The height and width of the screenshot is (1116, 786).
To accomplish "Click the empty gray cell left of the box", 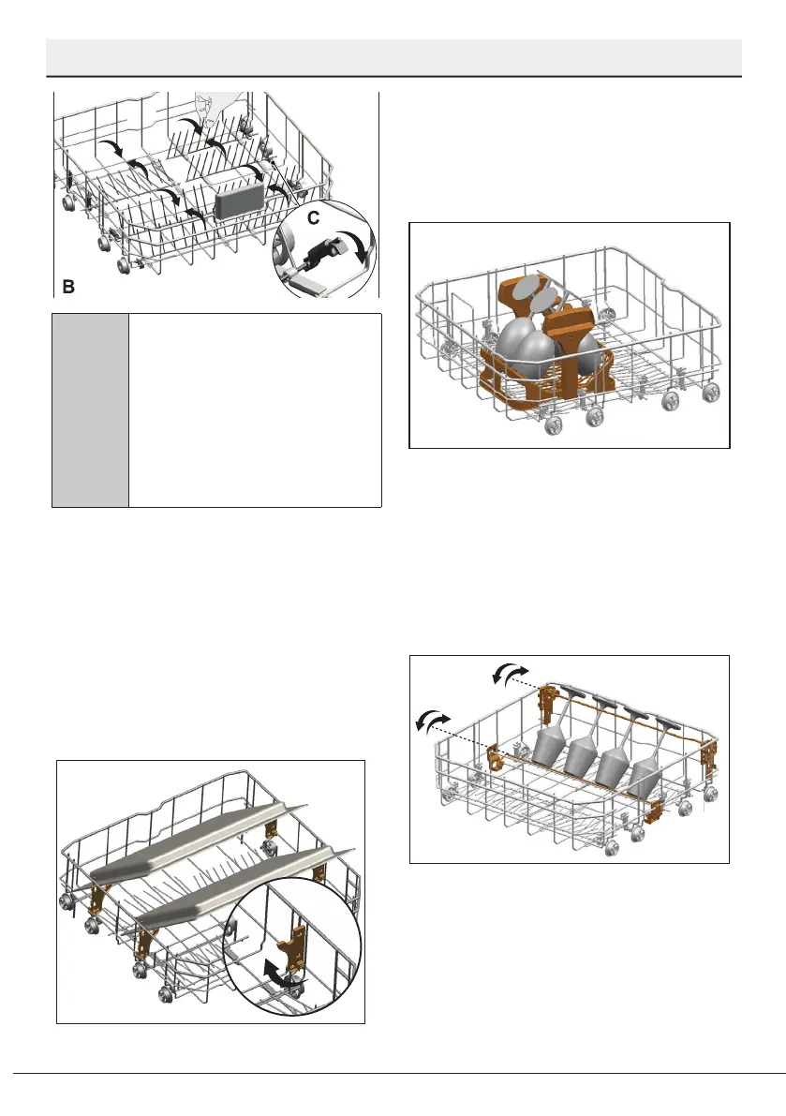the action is coord(90,410).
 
